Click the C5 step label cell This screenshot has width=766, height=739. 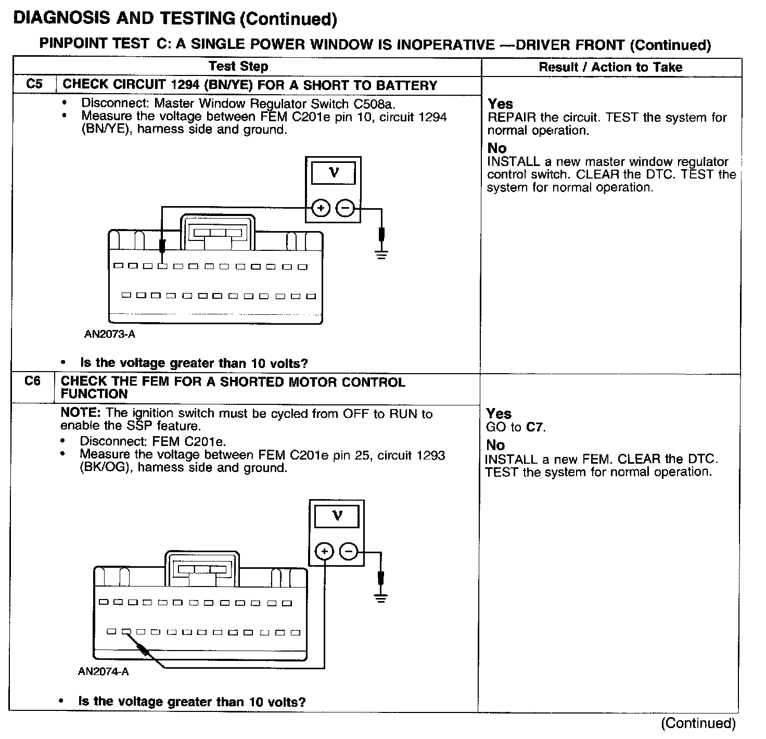(x=34, y=84)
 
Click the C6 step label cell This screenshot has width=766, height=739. (x=32, y=381)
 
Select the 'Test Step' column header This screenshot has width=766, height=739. (x=238, y=67)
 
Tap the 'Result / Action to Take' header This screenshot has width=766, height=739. (x=610, y=67)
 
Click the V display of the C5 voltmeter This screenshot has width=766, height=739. (x=334, y=173)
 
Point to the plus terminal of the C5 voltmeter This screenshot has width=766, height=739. (x=321, y=209)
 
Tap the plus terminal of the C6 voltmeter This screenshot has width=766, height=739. (x=324, y=552)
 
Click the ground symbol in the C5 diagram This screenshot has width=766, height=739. (x=381, y=254)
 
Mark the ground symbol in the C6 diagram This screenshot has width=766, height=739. (x=381, y=597)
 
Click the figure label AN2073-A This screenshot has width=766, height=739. (x=110, y=334)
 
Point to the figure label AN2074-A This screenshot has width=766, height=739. (x=103, y=672)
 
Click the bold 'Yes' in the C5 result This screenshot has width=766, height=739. (x=500, y=104)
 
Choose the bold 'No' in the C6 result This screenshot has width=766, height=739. (x=495, y=445)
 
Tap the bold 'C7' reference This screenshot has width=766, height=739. (x=535, y=428)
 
